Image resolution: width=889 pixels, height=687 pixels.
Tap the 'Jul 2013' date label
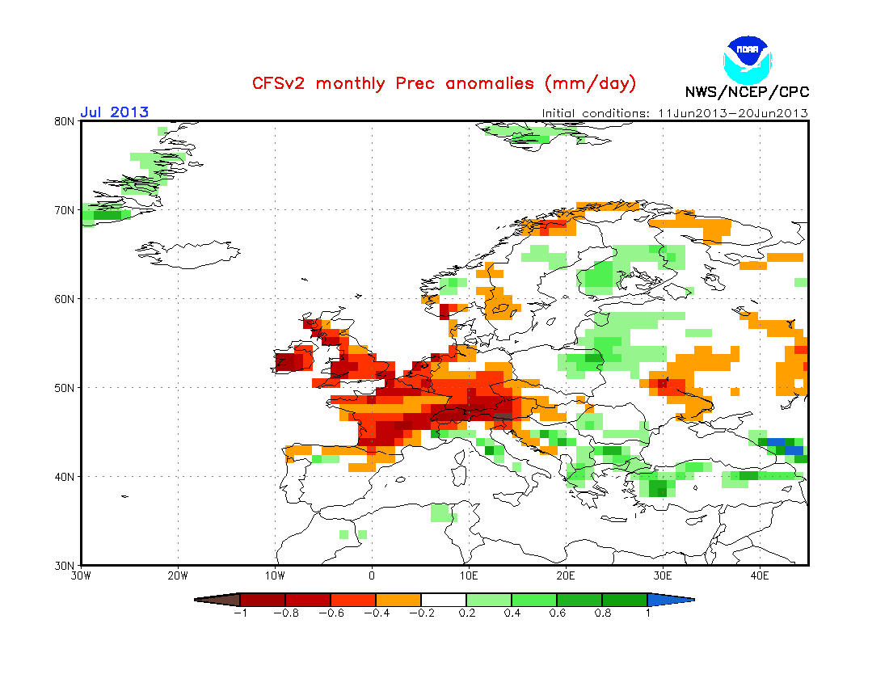pyautogui.click(x=114, y=112)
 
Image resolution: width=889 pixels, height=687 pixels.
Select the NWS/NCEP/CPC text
pyautogui.click(x=747, y=91)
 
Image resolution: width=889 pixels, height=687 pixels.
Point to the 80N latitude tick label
pyautogui.click(x=65, y=121)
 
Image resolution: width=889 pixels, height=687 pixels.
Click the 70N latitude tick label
pyautogui.click(x=65, y=210)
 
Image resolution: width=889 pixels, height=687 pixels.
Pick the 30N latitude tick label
pyautogui.click(x=65, y=565)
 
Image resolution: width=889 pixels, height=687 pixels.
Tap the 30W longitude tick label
pyautogui.click(x=81, y=576)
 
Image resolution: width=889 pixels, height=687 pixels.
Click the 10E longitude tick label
pyautogui.click(x=469, y=576)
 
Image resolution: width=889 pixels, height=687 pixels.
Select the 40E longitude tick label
pyautogui.click(x=760, y=576)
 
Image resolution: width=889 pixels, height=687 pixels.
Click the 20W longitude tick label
pyautogui.click(x=178, y=576)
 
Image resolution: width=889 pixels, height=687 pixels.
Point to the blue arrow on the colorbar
pyautogui.click(x=670, y=600)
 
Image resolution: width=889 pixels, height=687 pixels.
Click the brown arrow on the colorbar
pyautogui.click(x=218, y=600)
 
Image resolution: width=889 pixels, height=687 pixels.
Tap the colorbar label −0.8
pyautogui.click(x=284, y=613)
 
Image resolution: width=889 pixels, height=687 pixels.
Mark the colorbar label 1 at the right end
pyautogui.click(x=647, y=613)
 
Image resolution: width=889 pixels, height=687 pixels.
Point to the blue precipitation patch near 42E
pyautogui.click(x=783, y=445)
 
